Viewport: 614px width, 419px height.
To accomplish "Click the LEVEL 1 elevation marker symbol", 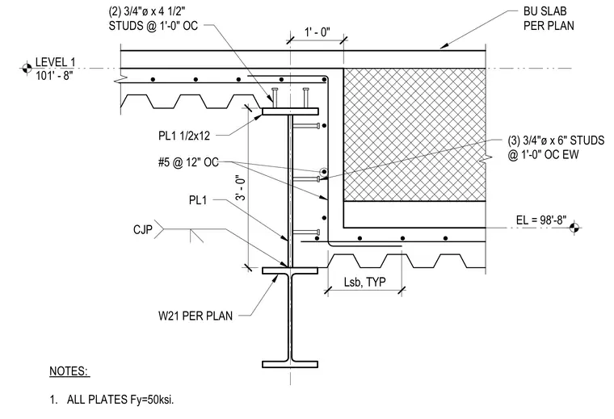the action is point(27,68).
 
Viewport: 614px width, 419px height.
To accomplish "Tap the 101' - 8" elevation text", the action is point(54,75).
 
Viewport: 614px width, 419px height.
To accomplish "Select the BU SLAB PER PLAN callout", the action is point(549,19).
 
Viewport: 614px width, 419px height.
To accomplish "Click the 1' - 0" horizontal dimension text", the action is point(318,32).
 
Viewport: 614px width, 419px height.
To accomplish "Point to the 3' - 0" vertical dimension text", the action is point(242,187).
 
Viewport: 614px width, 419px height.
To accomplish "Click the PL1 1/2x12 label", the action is point(184,136).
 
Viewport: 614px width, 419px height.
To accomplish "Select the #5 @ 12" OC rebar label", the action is point(188,162).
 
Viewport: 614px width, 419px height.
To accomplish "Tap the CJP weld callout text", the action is point(142,229).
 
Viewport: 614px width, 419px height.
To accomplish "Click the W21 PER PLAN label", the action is point(196,316).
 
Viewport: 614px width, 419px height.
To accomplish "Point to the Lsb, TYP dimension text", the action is point(364,282).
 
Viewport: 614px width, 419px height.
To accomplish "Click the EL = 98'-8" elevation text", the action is point(541,220).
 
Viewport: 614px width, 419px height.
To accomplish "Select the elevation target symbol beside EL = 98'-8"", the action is point(574,228).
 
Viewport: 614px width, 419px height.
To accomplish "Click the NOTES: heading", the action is point(69,371).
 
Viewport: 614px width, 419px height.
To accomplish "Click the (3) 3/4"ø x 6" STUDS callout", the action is point(556,147).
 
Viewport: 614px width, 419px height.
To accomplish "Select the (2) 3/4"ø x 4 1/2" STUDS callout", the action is point(153,19).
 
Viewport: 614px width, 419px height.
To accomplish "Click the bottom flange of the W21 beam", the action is point(290,365).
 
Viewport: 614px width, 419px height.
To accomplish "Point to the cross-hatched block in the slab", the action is point(414,135).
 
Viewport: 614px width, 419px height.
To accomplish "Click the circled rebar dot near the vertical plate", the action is point(323,172).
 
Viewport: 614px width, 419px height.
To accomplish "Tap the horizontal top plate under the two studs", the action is point(290,111).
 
